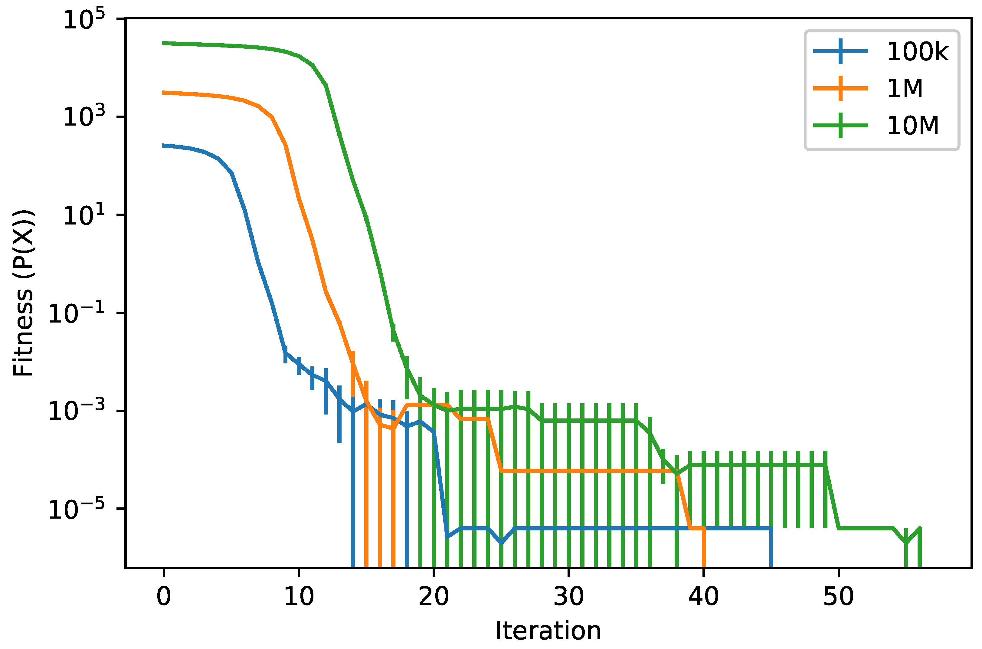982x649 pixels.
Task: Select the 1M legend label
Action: [905, 89]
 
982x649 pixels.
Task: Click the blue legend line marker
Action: [840, 51]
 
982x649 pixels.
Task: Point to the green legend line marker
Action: [840, 125]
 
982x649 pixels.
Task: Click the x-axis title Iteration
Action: [548, 631]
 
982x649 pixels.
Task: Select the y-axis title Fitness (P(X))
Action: [23, 293]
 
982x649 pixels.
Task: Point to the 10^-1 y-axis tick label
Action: [77, 313]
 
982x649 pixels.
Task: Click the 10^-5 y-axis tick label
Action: [77, 509]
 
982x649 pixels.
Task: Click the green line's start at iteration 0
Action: [164, 43]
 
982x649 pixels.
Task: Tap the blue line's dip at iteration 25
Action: [501, 542]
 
